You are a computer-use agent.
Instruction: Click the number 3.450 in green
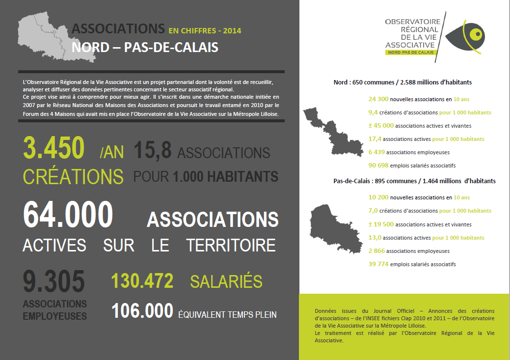click(54, 148)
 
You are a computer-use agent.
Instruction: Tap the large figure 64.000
click(68, 215)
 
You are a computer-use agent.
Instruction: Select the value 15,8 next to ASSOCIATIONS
click(152, 150)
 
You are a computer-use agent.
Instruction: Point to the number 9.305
click(54, 282)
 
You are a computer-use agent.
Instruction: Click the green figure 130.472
click(142, 281)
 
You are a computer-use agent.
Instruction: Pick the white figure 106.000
click(142, 311)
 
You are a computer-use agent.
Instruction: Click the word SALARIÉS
click(226, 282)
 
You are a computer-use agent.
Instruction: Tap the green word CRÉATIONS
click(73, 176)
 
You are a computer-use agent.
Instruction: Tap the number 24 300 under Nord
click(378, 99)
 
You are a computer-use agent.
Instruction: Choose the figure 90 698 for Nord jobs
click(378, 166)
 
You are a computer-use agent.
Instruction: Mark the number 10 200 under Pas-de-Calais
click(378, 197)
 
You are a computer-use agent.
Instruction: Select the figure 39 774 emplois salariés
click(378, 264)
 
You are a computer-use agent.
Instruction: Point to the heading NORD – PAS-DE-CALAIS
click(145, 48)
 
